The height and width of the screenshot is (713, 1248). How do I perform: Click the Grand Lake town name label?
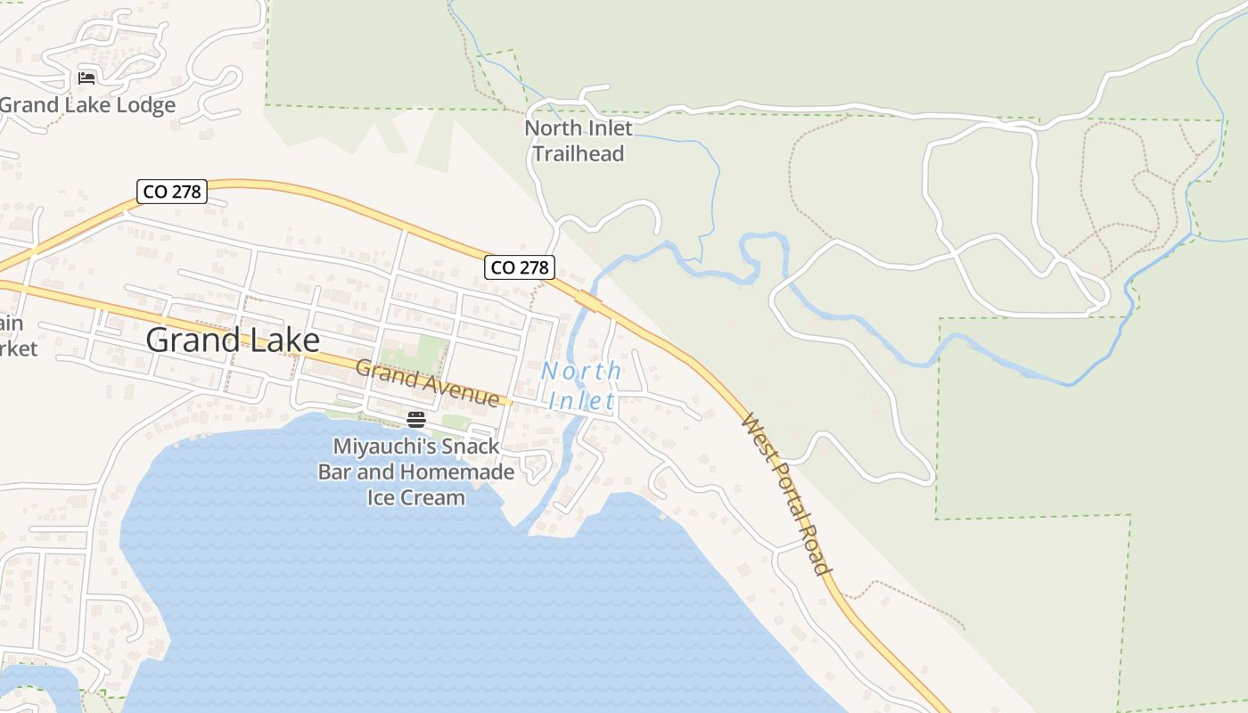click(232, 340)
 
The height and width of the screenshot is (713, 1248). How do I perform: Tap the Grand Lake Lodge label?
click(87, 105)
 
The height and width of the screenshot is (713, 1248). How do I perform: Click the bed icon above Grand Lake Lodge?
click(86, 78)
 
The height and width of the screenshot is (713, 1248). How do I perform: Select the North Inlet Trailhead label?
click(579, 141)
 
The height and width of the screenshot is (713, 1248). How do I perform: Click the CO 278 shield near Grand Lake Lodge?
click(172, 191)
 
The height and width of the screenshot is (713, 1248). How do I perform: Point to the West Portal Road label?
click(786, 494)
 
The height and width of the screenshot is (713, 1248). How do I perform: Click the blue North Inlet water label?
click(581, 386)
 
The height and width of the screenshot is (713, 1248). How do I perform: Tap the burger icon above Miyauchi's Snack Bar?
click(416, 419)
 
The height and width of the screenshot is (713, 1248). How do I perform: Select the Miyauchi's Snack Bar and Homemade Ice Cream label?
click(416, 471)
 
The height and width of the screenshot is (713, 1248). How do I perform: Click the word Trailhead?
click(579, 153)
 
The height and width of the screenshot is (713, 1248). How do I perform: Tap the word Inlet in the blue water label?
click(581, 400)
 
